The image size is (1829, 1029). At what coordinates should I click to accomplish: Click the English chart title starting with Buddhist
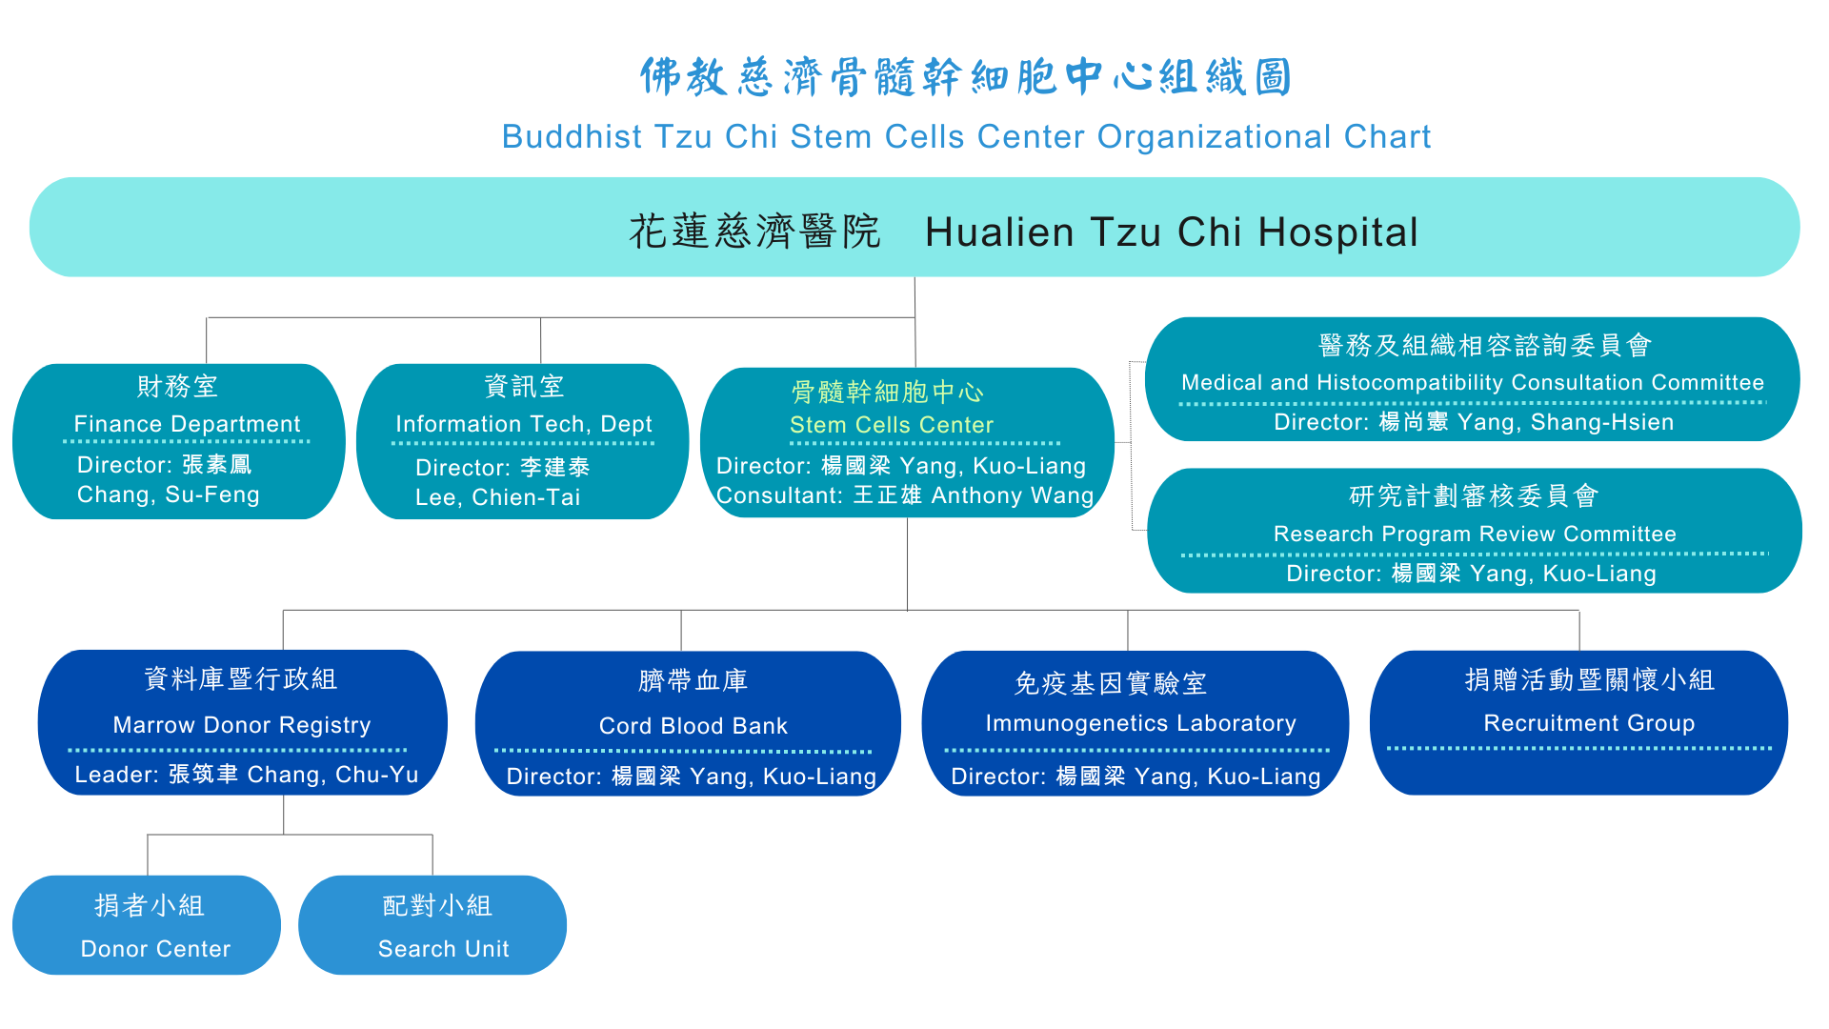tap(966, 137)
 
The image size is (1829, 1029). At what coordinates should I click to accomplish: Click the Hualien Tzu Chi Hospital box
tap(914, 227)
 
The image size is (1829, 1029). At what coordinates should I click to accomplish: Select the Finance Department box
tap(179, 441)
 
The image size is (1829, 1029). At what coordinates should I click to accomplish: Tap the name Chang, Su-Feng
tap(169, 494)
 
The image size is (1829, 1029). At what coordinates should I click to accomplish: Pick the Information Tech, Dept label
tap(524, 424)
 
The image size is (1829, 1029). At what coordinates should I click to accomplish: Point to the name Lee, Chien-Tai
tap(498, 497)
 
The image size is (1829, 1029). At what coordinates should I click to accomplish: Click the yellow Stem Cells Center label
tap(892, 425)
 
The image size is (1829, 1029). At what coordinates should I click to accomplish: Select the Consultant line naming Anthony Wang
tap(905, 495)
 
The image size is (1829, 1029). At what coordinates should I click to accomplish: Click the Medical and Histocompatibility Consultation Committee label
tap(1473, 383)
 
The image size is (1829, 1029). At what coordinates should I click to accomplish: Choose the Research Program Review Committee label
tap(1475, 535)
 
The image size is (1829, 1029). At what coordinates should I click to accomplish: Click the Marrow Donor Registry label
tap(242, 725)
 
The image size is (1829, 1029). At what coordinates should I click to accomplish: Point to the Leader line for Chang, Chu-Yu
tap(247, 775)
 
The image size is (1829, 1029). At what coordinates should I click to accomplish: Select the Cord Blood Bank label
tap(693, 726)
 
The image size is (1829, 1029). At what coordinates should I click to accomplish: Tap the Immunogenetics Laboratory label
tap(1141, 723)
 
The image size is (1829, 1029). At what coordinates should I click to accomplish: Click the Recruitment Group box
tap(1579, 722)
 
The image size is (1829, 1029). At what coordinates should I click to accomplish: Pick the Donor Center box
tap(147, 925)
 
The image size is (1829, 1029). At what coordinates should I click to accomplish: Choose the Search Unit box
tap(432, 925)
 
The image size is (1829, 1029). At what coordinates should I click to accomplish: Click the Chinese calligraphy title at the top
tap(966, 76)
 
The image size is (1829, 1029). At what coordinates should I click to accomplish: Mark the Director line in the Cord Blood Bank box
tap(692, 777)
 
